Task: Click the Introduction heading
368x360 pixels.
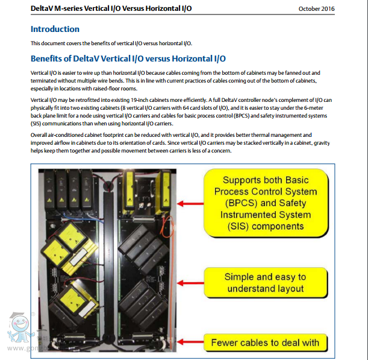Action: [55, 29]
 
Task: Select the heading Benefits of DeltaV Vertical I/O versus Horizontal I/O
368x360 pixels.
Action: [128, 58]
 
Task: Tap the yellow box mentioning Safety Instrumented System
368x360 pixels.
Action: [266, 203]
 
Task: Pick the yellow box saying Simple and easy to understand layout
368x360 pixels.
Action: [266, 283]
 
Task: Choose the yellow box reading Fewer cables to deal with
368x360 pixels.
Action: [266, 343]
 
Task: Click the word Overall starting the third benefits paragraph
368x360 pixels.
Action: [40, 134]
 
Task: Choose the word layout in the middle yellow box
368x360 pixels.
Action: [288, 289]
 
